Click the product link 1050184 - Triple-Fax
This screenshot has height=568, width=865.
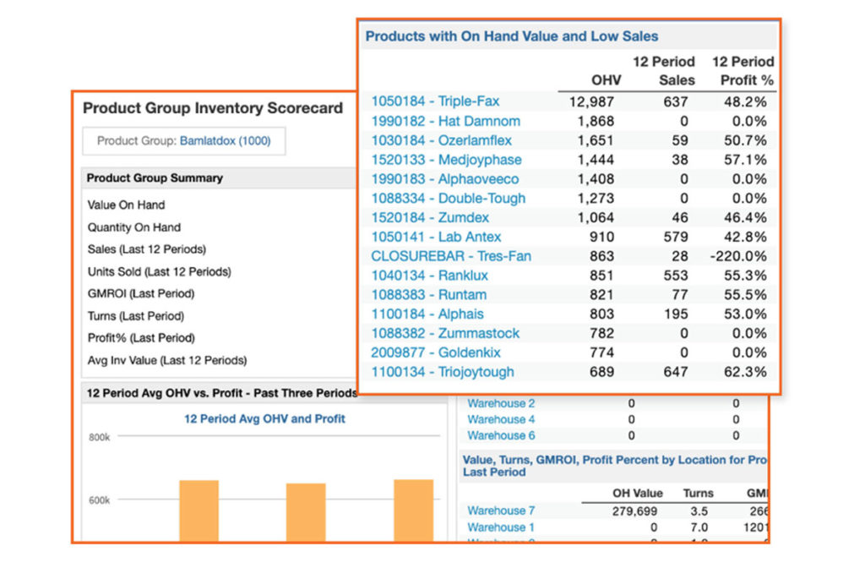tap(435, 101)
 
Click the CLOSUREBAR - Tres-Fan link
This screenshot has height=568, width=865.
tap(451, 256)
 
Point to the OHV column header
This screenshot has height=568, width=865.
tap(607, 80)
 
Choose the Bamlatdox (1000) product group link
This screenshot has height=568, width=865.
tap(225, 141)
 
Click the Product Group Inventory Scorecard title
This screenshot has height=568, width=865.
tap(213, 108)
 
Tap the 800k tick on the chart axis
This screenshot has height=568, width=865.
tap(99, 437)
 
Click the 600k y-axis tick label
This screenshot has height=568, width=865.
tap(99, 500)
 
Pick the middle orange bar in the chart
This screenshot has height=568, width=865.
tap(306, 512)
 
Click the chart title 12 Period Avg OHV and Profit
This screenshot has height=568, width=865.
tap(264, 418)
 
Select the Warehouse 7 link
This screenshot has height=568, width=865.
tap(501, 511)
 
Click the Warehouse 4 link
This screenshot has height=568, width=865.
tap(501, 419)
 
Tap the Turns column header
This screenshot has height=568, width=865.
tap(698, 493)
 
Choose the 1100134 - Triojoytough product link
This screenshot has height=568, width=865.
tap(443, 372)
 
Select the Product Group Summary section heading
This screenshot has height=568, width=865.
tap(155, 178)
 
